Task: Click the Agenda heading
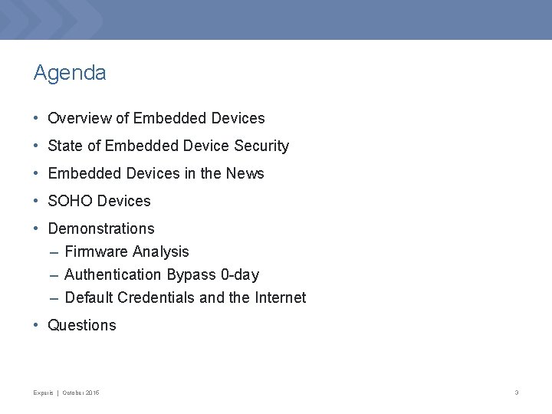70,74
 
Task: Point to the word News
245,173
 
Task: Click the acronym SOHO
71,201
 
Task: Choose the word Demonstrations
101,228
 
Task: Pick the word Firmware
97,251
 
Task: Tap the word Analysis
160,251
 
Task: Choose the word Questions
82,325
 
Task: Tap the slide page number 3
517,393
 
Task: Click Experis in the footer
43,393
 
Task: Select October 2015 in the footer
81,393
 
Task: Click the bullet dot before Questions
37,325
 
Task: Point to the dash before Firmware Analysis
53,251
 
